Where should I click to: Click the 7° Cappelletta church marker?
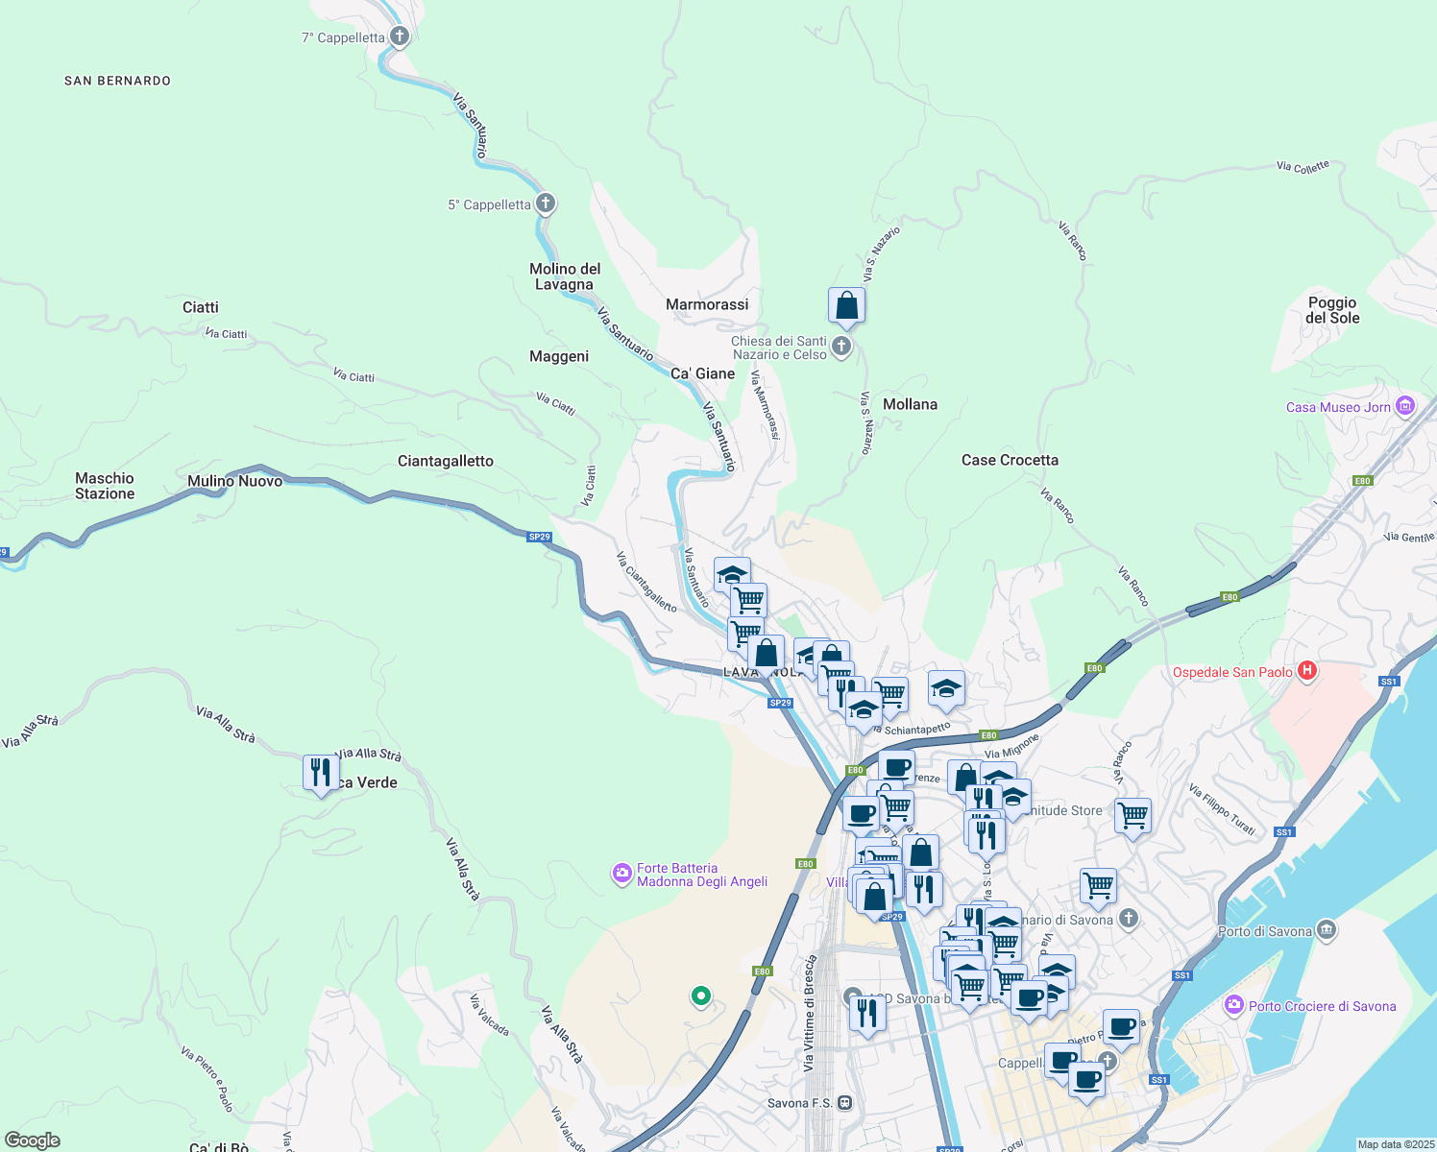(400, 37)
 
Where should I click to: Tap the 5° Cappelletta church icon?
(546, 204)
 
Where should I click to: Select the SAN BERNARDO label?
(117, 81)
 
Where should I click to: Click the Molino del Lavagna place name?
(565, 276)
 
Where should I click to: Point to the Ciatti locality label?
(201, 307)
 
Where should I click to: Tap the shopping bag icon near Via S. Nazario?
(846, 306)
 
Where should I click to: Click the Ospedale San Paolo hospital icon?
(1306, 671)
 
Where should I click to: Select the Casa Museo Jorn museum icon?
(1405, 406)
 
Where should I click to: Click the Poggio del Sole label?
(1332, 310)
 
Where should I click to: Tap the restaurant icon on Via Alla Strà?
(321, 773)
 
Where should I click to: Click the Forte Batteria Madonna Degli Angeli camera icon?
(622, 874)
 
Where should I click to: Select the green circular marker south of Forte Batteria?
(701, 996)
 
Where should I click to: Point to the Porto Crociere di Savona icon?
(1234, 1005)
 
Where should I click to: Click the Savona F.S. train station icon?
(844, 1103)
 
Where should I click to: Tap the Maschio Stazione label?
(105, 486)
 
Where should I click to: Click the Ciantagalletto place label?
(446, 461)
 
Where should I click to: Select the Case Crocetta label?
(1010, 460)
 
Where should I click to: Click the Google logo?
(33, 1140)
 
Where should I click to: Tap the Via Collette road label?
(1303, 167)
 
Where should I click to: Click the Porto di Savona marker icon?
(1327, 930)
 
